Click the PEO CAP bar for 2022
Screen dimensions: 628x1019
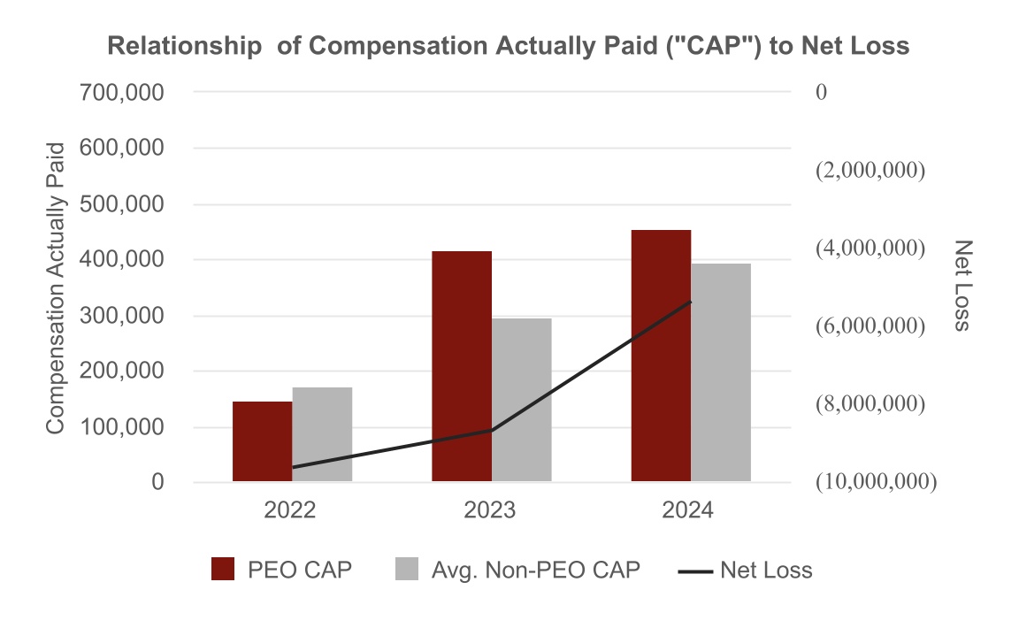tap(262, 441)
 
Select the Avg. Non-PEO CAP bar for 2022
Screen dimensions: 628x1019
tap(322, 434)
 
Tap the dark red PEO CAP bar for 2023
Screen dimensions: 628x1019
tap(462, 366)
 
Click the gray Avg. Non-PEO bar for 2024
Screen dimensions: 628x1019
tap(721, 372)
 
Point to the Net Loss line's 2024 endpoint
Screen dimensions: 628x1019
tap(691, 302)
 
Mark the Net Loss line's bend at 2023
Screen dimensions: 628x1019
tap(492, 430)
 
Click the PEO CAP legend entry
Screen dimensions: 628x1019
tap(281, 571)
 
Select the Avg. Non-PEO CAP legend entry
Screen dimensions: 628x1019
tap(517, 571)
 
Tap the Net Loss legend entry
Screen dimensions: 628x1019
tap(745, 571)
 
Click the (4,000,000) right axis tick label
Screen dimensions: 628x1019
tap(870, 248)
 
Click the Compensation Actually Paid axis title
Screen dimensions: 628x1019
tap(57, 287)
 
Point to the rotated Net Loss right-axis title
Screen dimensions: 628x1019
tap(962, 286)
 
